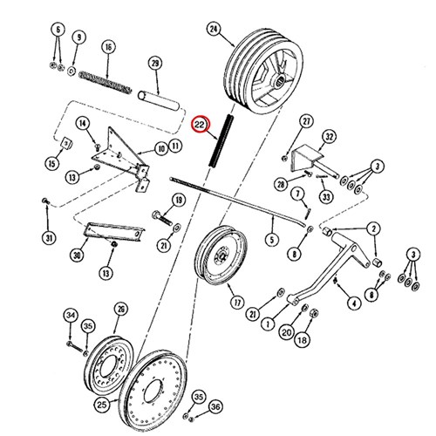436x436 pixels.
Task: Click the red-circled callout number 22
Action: point(200,125)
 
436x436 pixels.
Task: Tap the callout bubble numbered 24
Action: point(214,30)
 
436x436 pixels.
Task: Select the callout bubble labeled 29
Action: point(155,63)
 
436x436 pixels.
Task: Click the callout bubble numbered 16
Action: point(108,47)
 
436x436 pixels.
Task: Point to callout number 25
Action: point(102,405)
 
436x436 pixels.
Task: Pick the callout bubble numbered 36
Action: point(215,407)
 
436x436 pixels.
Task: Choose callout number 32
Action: point(329,137)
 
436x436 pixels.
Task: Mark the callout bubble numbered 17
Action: point(237,303)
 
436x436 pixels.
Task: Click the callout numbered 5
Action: point(272,240)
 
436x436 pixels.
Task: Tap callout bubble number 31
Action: point(50,238)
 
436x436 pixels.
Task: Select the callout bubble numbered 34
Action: point(72,315)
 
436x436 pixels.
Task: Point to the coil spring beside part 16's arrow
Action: point(106,83)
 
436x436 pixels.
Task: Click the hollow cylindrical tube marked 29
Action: point(158,100)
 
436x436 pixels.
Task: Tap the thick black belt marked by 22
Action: point(221,141)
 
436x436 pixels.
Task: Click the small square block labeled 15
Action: point(67,143)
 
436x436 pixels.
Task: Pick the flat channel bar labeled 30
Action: point(113,232)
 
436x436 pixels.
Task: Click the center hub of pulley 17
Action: point(221,255)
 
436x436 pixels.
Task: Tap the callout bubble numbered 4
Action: point(354,303)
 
